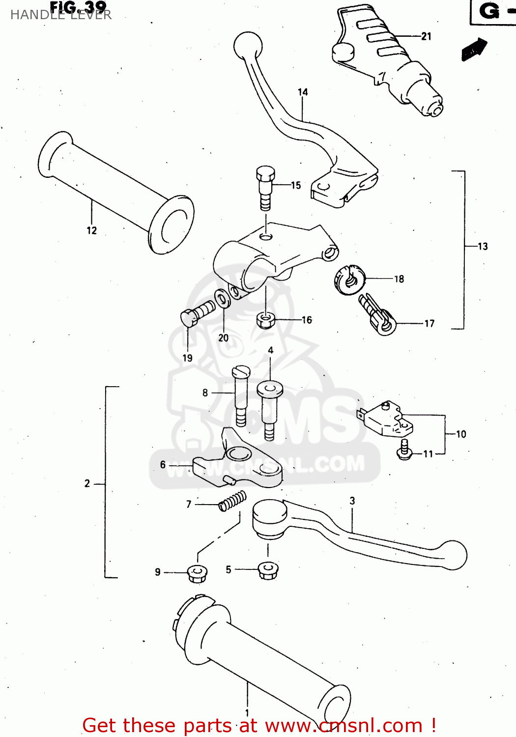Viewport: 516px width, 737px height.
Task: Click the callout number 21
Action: click(426, 36)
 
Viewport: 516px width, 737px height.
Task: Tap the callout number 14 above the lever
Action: click(303, 92)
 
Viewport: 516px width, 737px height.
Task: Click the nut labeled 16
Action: click(265, 321)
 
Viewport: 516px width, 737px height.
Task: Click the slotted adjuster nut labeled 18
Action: click(349, 280)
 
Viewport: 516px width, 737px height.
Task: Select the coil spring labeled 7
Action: click(232, 501)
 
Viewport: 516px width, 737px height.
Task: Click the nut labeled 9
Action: click(197, 573)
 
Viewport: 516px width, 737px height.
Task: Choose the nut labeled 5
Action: click(267, 570)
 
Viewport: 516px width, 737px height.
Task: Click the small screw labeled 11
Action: click(404, 450)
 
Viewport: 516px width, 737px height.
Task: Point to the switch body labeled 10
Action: click(386, 419)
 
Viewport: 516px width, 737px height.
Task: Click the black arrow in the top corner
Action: click(474, 50)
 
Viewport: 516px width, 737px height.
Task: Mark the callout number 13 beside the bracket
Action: click(483, 247)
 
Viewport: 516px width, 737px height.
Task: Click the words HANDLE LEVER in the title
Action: click(61, 15)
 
